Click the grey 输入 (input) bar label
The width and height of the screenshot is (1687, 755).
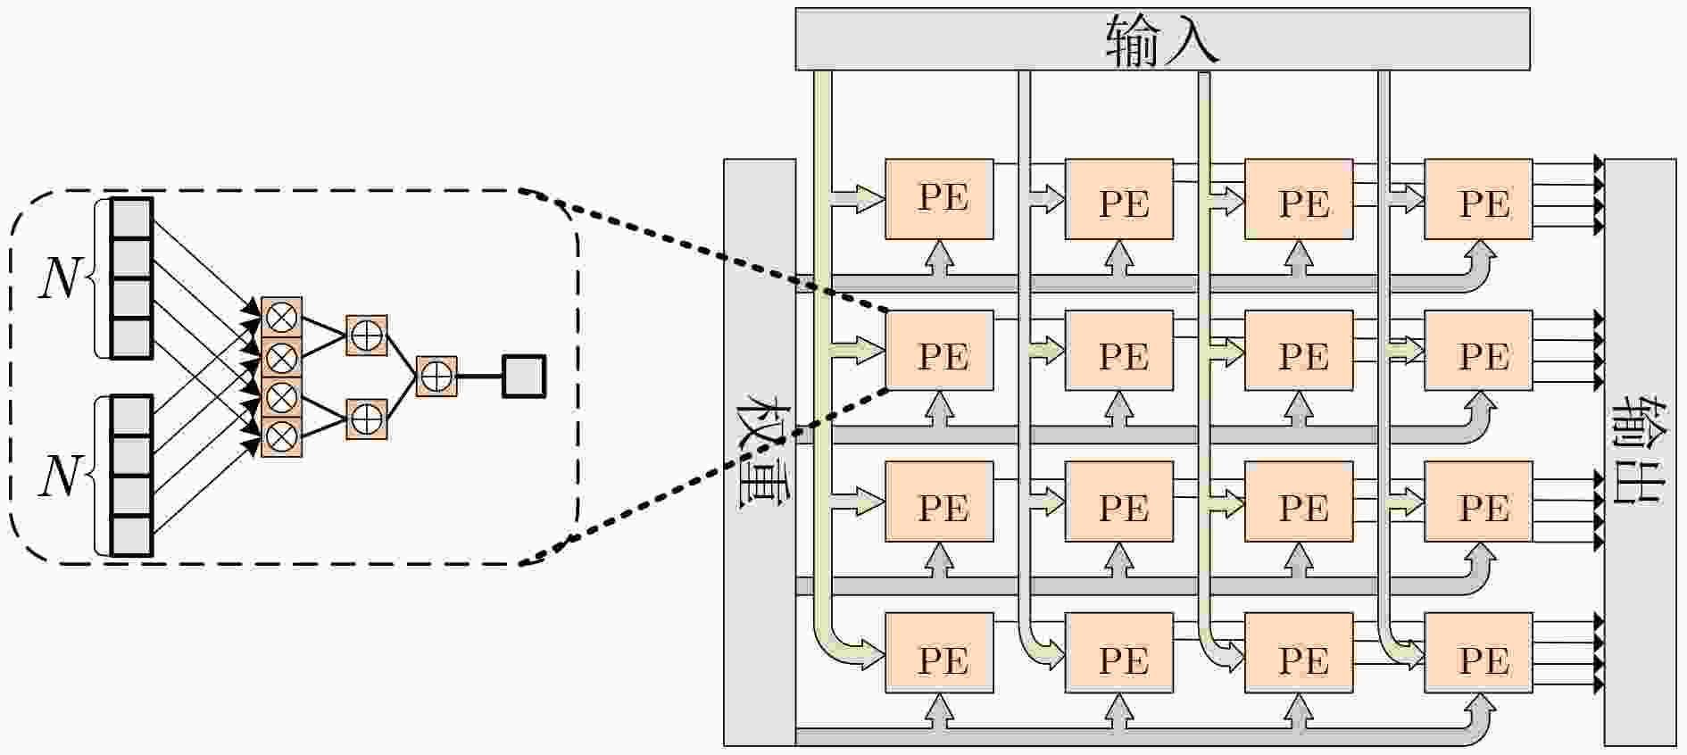pos(1161,41)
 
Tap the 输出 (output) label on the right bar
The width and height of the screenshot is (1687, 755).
pos(1641,452)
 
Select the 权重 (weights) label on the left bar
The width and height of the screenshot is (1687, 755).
pos(760,452)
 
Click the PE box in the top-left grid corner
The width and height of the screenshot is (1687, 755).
pos(939,199)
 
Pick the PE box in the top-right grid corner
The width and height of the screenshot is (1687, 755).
pos(1478,199)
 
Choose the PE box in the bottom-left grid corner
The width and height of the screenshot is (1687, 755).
pos(939,652)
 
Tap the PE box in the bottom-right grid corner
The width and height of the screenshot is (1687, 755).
pos(1478,652)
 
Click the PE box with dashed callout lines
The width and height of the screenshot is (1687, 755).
pos(939,351)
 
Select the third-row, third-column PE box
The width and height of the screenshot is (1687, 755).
pos(1299,502)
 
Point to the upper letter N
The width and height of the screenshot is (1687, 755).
pos(60,278)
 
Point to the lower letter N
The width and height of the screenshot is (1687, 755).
pos(60,476)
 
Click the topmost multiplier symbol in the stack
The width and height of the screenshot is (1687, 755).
pos(282,317)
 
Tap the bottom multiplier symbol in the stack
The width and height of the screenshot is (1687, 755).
pos(282,436)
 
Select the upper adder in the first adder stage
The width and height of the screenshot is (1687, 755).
pos(367,336)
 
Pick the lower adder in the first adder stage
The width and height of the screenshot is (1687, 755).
pos(367,418)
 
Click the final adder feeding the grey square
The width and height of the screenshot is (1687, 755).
pos(436,377)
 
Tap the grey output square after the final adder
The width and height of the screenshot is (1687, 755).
pos(524,377)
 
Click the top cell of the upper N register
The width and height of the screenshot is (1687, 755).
pos(132,218)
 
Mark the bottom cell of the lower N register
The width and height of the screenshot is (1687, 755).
pos(132,536)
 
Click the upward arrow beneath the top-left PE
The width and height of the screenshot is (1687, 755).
pos(939,258)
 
